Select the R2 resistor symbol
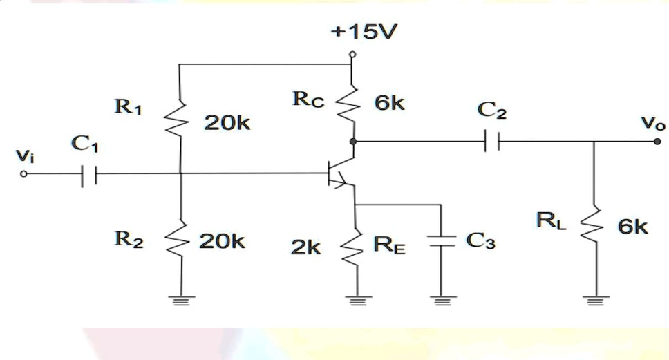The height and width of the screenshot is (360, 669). [x=179, y=240]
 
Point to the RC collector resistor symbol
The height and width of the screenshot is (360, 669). [x=352, y=106]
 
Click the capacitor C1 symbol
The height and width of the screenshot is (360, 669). [x=88, y=174]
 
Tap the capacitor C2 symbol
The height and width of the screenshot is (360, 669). [x=491, y=142]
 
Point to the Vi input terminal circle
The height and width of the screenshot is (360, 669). [x=24, y=174]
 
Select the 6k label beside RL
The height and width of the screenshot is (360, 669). [x=632, y=226]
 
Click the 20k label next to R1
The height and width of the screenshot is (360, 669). [x=227, y=124]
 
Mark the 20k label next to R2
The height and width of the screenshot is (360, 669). [x=222, y=241]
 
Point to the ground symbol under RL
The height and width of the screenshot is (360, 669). [x=594, y=300]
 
